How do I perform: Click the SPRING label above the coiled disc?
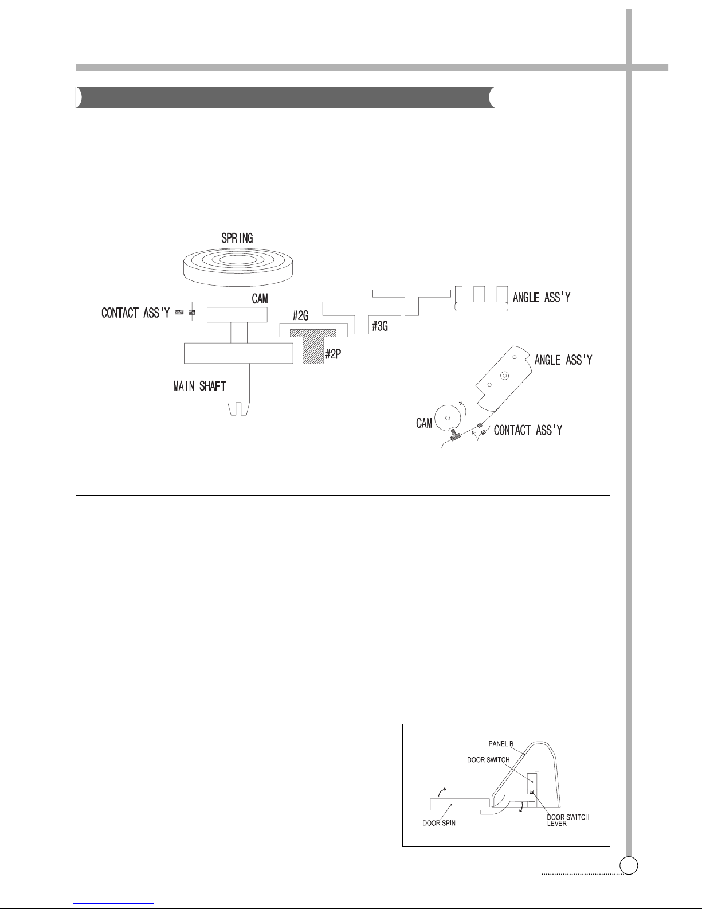point(237,237)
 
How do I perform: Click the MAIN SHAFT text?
point(199,387)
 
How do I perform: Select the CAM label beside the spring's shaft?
point(260,299)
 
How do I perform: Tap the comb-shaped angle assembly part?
point(481,299)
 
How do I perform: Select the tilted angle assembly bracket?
point(504,379)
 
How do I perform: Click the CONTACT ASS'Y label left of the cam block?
point(135,314)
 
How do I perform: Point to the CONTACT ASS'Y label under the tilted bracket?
point(528,430)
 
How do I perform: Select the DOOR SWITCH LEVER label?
point(567,821)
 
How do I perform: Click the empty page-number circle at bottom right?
point(629,865)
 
